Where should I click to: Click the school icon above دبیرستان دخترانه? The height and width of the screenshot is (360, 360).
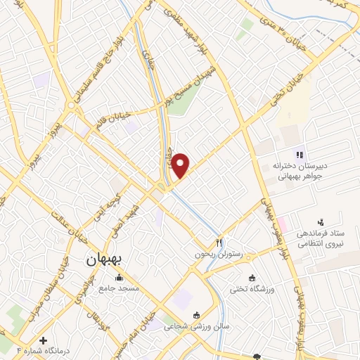click(x=298, y=155)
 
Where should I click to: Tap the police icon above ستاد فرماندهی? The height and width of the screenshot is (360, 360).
click(x=321, y=223)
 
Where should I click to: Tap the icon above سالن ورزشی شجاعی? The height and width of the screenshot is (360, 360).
click(x=196, y=315)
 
